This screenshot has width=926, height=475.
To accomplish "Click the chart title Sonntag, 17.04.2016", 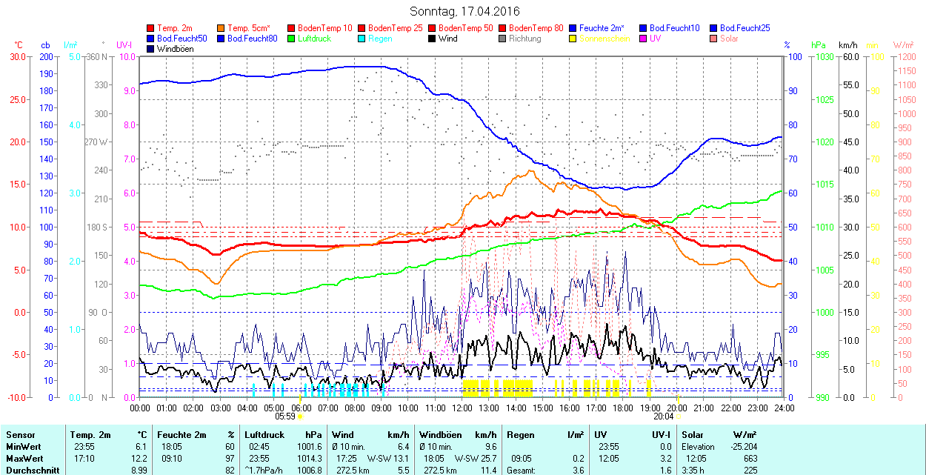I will click(x=464, y=12).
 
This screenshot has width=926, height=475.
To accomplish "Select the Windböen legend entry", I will click(x=175, y=49).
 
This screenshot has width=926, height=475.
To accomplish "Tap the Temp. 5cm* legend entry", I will click(x=249, y=28).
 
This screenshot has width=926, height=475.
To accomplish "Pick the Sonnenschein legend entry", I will click(x=603, y=39).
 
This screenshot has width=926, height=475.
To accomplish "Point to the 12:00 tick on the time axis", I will click(x=462, y=408).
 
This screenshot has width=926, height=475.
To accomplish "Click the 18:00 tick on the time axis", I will click(x=623, y=408).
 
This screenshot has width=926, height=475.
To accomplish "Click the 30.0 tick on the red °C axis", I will click(x=16, y=57).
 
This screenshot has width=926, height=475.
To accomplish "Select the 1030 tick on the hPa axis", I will click(x=823, y=57).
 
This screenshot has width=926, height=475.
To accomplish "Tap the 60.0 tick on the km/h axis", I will click(x=849, y=57).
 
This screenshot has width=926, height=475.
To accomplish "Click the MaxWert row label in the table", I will click(x=24, y=457).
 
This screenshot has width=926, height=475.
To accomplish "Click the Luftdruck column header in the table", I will click(x=265, y=435).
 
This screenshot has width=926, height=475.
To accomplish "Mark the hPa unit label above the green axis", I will click(x=818, y=45).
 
